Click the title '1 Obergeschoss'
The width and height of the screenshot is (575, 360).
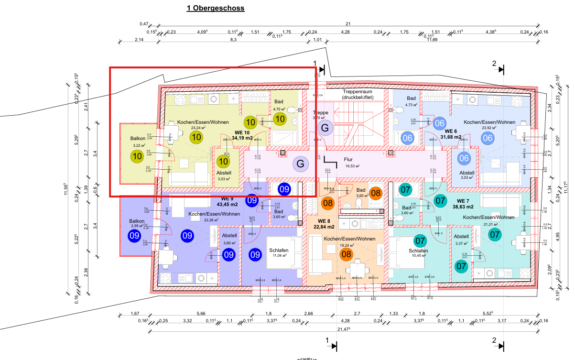pos(216,8)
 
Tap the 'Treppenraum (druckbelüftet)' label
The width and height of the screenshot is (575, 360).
pos(364,94)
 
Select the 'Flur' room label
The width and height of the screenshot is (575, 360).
pos(348,160)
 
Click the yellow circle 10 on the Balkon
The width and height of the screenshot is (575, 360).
pos(138,155)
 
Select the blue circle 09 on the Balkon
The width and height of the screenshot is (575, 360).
pos(134,235)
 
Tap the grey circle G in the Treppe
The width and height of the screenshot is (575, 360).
pos(325,128)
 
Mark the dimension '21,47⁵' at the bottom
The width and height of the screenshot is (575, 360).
pos(344,329)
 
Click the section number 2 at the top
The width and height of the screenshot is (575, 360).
pos(494,63)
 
